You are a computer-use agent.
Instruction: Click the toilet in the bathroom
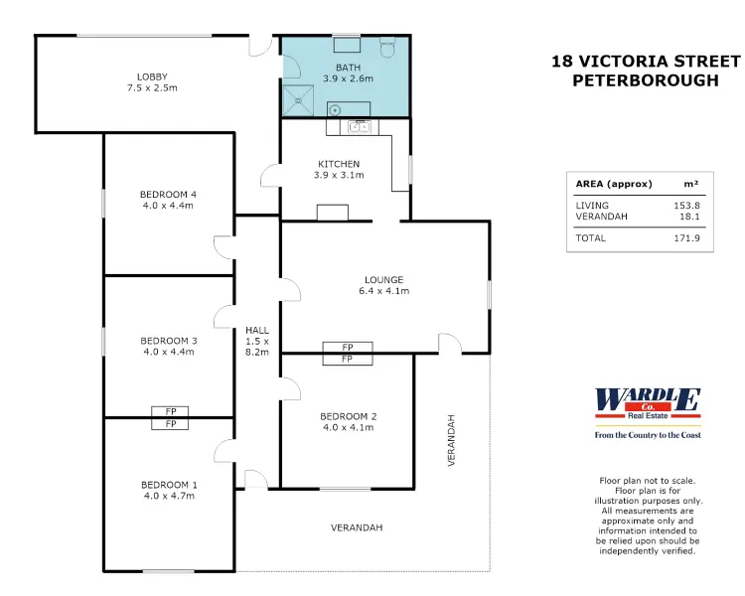tap(387, 47)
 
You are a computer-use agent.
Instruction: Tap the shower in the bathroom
tap(298, 100)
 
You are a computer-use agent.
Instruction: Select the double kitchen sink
tap(359, 127)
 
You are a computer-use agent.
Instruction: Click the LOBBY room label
tap(152, 76)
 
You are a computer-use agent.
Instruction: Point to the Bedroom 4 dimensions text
tap(168, 206)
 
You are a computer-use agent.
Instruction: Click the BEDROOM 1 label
tap(169, 485)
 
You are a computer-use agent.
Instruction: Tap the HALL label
tap(257, 330)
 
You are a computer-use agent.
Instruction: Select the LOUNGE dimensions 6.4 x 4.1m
tap(383, 291)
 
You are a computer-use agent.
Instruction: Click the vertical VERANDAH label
tap(451, 440)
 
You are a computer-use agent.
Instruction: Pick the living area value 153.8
tap(686, 206)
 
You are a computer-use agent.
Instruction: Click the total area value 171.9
tap(686, 238)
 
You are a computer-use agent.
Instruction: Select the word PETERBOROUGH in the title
tap(646, 80)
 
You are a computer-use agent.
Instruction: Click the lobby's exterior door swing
tap(260, 45)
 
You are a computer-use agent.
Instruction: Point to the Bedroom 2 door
tap(291, 388)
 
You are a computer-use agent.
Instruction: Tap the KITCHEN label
tap(339, 164)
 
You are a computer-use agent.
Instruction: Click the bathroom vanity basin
tap(335, 110)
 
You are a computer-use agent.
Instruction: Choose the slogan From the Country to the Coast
tap(648, 435)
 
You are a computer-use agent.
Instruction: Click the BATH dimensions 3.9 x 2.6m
tap(349, 78)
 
